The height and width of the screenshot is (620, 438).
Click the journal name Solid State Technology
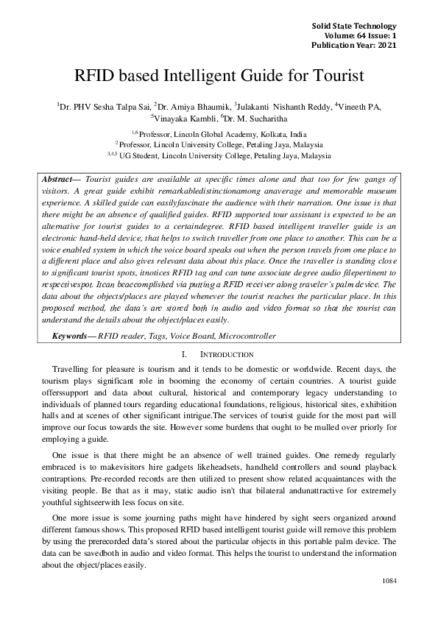point(354,26)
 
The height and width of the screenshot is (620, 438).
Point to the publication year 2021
point(386,44)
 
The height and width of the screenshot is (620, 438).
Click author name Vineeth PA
point(359,106)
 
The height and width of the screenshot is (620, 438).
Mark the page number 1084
point(389,581)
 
